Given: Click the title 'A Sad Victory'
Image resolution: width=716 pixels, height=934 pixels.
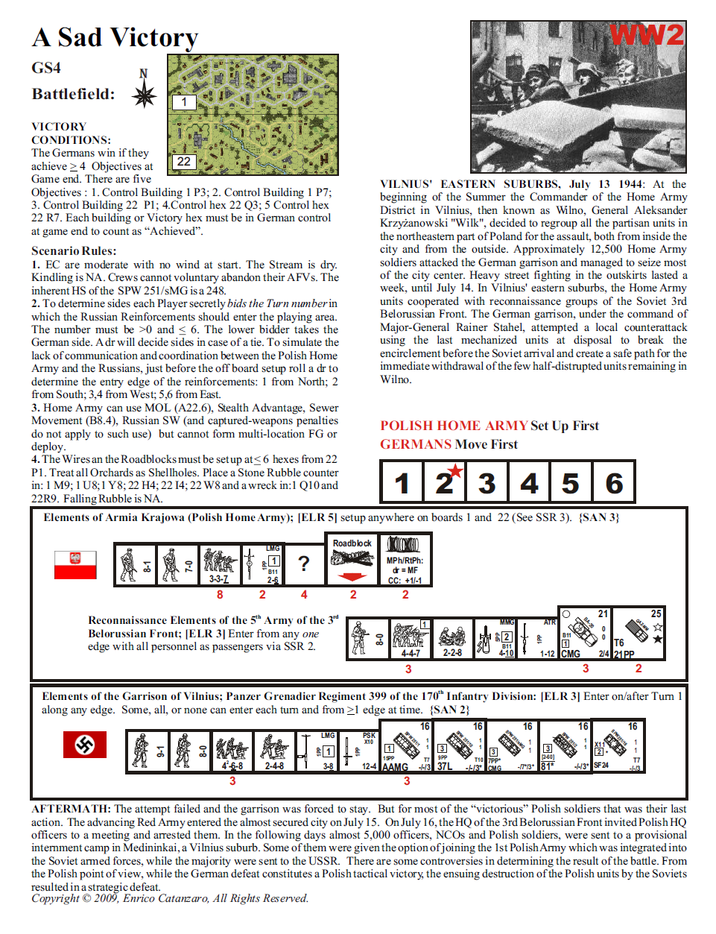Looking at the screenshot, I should pos(115,37).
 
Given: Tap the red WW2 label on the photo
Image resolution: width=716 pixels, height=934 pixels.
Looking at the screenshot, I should pos(646,35).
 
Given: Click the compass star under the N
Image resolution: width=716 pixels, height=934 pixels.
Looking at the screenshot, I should pos(144,95).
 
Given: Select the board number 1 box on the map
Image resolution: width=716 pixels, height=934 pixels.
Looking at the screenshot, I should pos(184,102).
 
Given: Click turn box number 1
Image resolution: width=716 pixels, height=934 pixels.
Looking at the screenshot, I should pos(402,482).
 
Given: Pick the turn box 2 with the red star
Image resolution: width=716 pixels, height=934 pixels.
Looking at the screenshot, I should pos(445,482).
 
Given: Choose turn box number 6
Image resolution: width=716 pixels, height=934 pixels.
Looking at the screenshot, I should pos(614,482).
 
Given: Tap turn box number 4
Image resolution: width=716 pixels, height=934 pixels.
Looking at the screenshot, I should pos(529,482).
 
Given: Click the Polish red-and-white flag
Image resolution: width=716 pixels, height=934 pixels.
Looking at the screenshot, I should pos(75,564).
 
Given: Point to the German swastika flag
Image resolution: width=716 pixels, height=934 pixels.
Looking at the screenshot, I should pos(84,744).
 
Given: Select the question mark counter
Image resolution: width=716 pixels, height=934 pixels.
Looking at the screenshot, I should pos(303,564).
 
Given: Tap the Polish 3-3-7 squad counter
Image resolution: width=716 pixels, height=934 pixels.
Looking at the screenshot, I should pos(220,564).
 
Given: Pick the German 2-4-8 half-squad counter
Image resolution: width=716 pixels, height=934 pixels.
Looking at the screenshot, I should pos(274,751).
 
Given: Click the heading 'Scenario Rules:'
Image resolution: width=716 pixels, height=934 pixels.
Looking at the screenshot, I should pos(74,250).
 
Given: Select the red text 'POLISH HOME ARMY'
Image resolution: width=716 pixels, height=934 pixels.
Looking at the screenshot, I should pos(454,426).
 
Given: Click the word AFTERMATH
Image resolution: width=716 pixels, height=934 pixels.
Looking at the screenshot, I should pos(71,809).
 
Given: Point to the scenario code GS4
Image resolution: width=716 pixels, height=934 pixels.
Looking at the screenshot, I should pos(46,68).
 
